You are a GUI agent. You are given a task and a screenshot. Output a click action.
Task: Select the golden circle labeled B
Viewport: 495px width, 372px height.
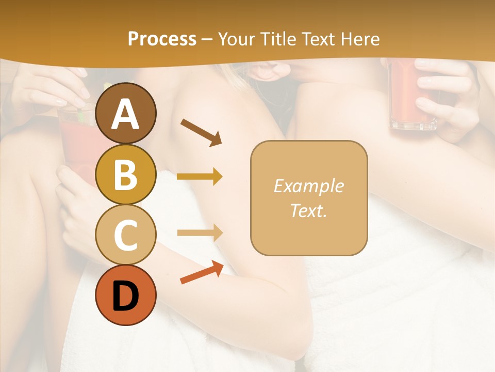click(x=126, y=174)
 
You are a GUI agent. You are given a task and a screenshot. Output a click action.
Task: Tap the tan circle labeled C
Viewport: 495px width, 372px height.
click(x=126, y=235)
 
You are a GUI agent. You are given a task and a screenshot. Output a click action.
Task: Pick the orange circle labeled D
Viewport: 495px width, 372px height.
click(x=126, y=295)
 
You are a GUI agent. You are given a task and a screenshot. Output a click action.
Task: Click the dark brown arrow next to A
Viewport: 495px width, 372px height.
click(x=201, y=132)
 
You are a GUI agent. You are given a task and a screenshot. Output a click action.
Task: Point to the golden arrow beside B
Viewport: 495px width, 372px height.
click(x=200, y=177)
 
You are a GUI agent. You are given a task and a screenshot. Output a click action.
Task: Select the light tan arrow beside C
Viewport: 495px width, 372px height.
click(x=200, y=233)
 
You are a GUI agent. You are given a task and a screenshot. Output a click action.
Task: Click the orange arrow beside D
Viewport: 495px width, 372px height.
click(x=202, y=272)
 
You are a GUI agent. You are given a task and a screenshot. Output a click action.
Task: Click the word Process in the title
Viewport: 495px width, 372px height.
click(x=162, y=39)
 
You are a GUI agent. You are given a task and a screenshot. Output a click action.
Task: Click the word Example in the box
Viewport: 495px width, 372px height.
click(x=308, y=186)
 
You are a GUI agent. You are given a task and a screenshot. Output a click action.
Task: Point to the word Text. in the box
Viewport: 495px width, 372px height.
click(x=308, y=210)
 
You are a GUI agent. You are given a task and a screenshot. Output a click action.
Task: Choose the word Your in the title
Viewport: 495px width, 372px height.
click(x=236, y=39)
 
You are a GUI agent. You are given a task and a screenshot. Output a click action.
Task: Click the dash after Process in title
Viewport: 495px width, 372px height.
click(x=207, y=39)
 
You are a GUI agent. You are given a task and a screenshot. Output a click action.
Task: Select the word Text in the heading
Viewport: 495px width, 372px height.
click(x=319, y=39)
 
